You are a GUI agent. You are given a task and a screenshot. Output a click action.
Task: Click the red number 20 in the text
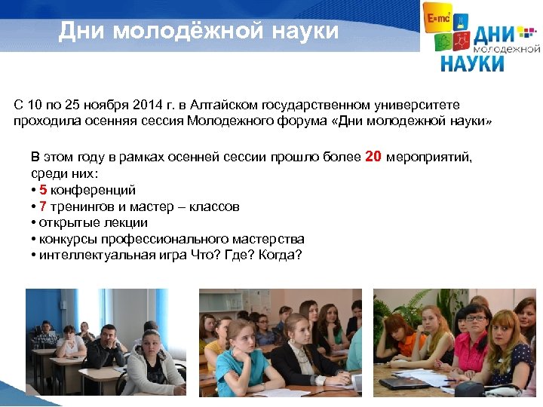374,157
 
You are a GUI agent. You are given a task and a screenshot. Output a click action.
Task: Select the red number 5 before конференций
43,190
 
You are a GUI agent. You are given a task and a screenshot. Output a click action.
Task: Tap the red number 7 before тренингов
43,207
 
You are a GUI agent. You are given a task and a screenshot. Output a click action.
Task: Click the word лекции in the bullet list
125,223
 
